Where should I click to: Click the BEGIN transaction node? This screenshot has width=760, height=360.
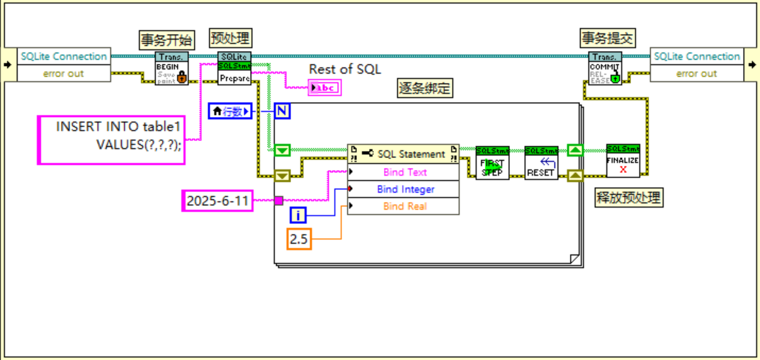click(172, 69)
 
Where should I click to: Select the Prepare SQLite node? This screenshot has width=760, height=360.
click(234, 69)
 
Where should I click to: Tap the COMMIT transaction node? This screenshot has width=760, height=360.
click(605, 69)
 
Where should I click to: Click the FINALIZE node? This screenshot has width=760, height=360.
click(623, 161)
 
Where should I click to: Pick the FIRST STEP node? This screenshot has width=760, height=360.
click(492, 163)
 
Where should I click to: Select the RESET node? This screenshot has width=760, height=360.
click(541, 163)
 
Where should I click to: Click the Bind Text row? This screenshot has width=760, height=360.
click(403, 172)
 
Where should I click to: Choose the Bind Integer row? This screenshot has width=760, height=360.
click(403, 189)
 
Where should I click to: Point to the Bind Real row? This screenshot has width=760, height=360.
click(403, 206)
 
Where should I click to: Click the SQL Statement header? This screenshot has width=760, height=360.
click(403, 154)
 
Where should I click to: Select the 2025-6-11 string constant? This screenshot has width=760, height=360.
click(217, 201)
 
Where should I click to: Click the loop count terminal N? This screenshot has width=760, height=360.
click(282, 111)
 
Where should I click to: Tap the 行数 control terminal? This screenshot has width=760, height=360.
click(229, 111)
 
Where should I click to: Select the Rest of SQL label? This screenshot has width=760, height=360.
click(345, 69)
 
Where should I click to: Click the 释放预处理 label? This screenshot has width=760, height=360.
click(628, 198)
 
